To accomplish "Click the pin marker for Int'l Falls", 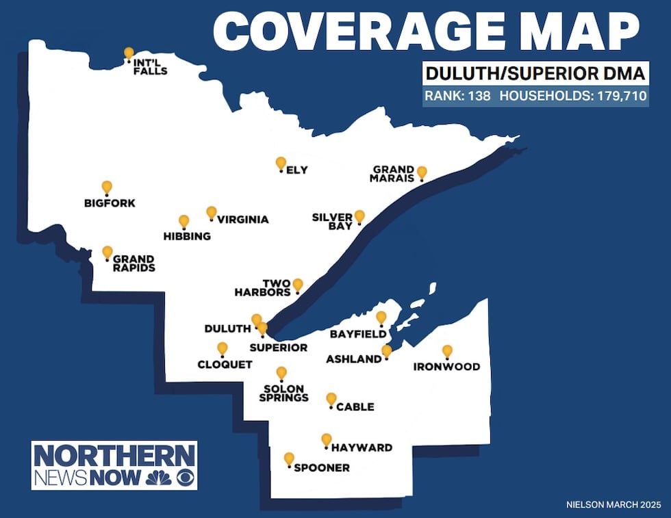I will pyautogui.click(x=129, y=53).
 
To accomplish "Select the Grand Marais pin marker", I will pyautogui.click(x=422, y=172).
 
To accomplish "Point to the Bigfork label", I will pyautogui.click(x=110, y=203).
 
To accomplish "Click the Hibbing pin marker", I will pyautogui.click(x=183, y=221).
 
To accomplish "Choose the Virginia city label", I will pyautogui.click(x=242, y=220).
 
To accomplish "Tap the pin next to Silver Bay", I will pyautogui.click(x=359, y=216).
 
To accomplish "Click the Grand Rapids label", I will pyautogui.click(x=134, y=263).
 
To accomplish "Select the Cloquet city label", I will pyautogui.click(x=225, y=365).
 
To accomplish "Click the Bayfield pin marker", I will pyautogui.click(x=381, y=318).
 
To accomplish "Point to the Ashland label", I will pyautogui.click(x=353, y=359).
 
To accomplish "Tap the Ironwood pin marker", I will pyautogui.click(x=447, y=351).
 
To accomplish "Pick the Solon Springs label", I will pyautogui.click(x=286, y=393).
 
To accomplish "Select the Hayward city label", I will pyautogui.click(x=362, y=448).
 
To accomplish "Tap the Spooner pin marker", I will pyautogui.click(x=289, y=458).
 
